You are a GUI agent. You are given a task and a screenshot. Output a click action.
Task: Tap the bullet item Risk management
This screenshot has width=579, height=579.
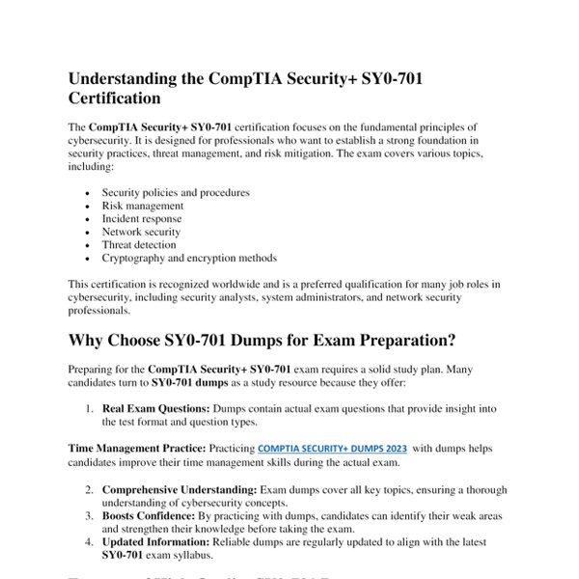[142, 206]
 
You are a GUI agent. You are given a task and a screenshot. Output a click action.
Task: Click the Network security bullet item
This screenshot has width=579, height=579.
[141, 232]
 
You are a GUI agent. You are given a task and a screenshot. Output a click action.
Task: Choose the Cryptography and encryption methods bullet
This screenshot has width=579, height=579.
[189, 258]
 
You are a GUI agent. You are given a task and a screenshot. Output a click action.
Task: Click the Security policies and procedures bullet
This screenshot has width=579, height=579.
[176, 192]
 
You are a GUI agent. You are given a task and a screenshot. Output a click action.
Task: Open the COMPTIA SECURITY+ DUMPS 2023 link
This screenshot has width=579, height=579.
[331, 449]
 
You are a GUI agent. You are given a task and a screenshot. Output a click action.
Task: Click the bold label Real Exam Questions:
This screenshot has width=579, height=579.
[155, 409]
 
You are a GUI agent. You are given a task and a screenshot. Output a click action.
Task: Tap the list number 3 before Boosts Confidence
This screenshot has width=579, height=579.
[88, 516]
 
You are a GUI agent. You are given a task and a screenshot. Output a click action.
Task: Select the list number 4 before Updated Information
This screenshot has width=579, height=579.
[88, 542]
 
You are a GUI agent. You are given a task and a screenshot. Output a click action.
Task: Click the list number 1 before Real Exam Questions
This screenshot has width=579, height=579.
[88, 409]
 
